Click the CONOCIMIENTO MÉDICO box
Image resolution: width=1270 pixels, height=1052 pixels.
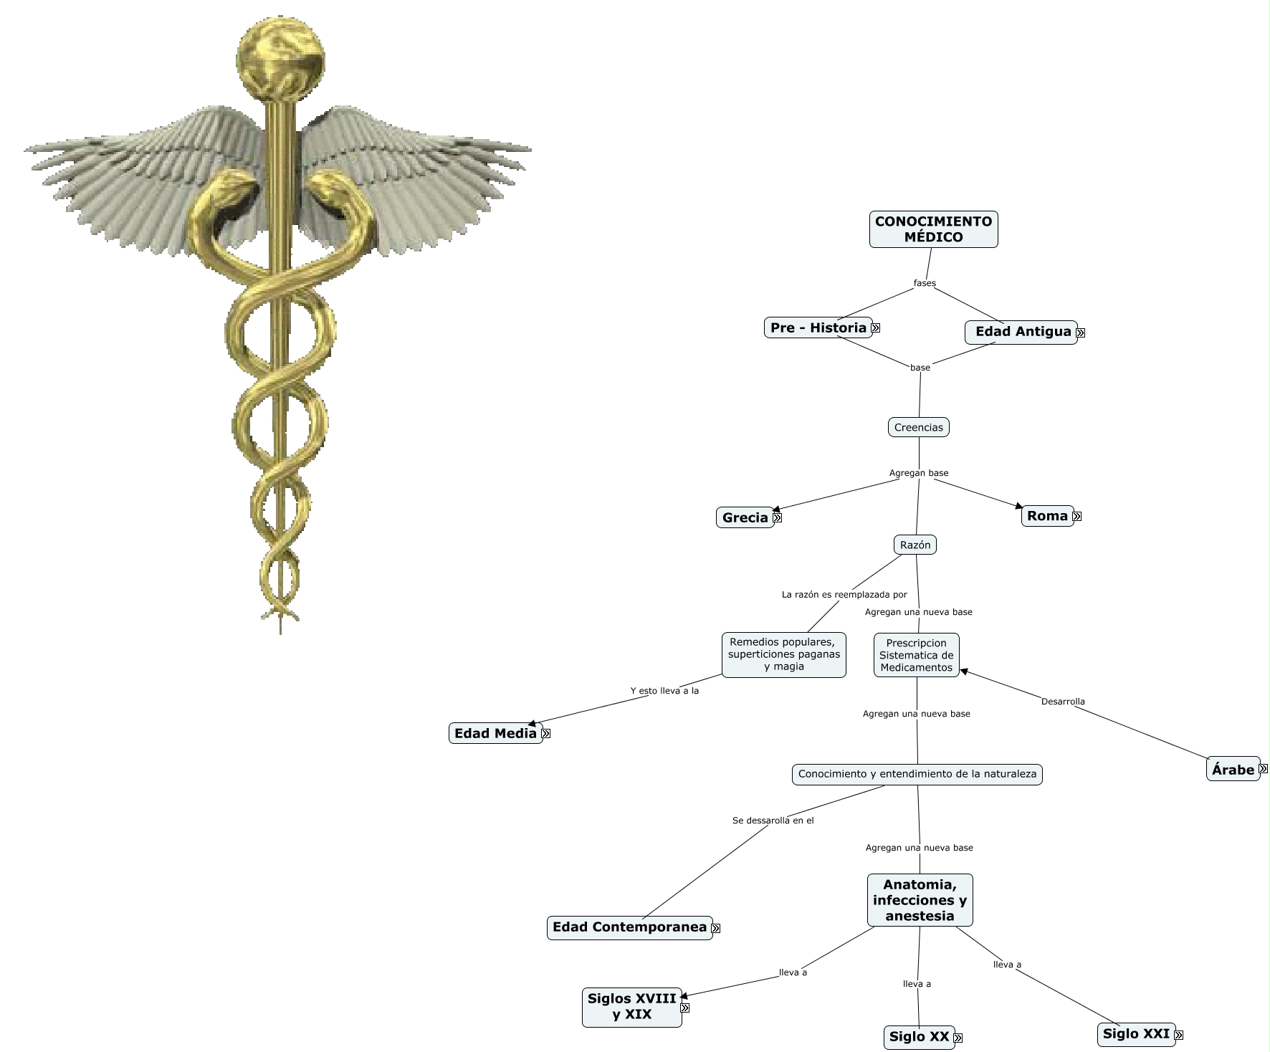[933, 229]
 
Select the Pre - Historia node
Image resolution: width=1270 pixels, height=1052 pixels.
[818, 327]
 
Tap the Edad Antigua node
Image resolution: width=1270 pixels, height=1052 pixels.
[1021, 332]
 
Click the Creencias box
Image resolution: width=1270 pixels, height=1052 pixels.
[919, 428]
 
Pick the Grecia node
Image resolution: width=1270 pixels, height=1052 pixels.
[745, 517]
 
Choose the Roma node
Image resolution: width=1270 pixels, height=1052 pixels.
[1047, 516]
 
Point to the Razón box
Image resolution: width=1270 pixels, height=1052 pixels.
[915, 545]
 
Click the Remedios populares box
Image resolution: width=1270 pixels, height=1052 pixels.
[784, 654]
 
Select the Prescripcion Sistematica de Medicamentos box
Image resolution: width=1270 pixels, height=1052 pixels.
[917, 655]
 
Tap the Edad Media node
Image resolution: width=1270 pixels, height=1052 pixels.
[495, 734]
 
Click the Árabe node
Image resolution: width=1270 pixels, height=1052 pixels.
[1233, 770]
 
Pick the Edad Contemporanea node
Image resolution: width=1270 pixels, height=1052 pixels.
[629, 927]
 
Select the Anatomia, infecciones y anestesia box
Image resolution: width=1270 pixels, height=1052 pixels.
[920, 900]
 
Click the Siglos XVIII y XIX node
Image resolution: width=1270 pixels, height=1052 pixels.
[631, 1006]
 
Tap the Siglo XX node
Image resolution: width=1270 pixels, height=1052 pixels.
[919, 1037]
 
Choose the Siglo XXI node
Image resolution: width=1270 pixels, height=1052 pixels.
[1136, 1034]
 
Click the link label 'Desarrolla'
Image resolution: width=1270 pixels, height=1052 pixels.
[1063, 702]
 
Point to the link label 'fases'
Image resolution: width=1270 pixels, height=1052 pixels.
[925, 283]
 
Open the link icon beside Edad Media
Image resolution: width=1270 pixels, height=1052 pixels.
[546, 734]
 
